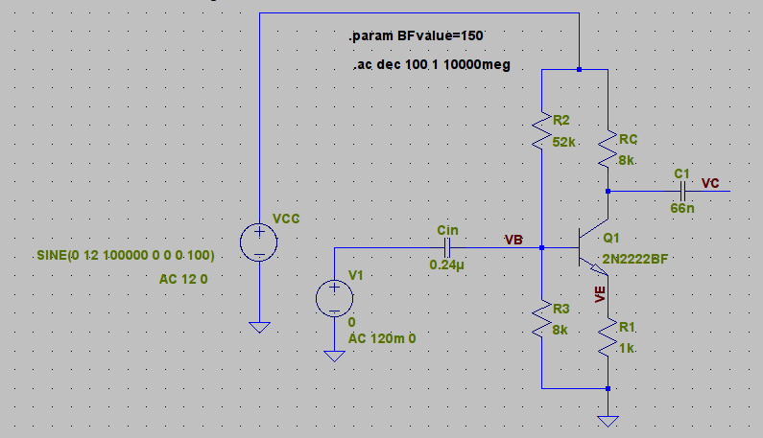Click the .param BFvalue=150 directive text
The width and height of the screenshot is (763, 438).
coord(416,35)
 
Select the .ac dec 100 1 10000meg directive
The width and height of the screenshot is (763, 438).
coord(431,65)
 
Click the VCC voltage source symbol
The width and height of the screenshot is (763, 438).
coord(259,242)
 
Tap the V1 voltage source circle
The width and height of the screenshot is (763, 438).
coord(334,297)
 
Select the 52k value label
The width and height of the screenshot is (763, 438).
coord(564,142)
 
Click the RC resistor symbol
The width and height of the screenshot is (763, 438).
coord(608,150)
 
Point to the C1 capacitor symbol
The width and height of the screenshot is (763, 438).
coord(681,191)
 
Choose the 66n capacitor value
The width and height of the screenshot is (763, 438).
coord(681,207)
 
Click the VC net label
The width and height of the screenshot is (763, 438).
coord(711,182)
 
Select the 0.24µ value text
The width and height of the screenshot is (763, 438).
coord(446,265)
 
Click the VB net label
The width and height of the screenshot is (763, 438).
coord(513,239)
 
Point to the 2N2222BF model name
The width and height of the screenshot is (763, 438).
coord(634,259)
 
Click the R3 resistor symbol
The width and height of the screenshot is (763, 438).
coord(542,319)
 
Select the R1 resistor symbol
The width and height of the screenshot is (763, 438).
coord(608,338)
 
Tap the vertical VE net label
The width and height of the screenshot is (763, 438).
coord(600,293)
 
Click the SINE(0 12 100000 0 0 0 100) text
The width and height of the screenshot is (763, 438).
coord(124,256)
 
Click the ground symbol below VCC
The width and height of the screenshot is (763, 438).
coord(259,327)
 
